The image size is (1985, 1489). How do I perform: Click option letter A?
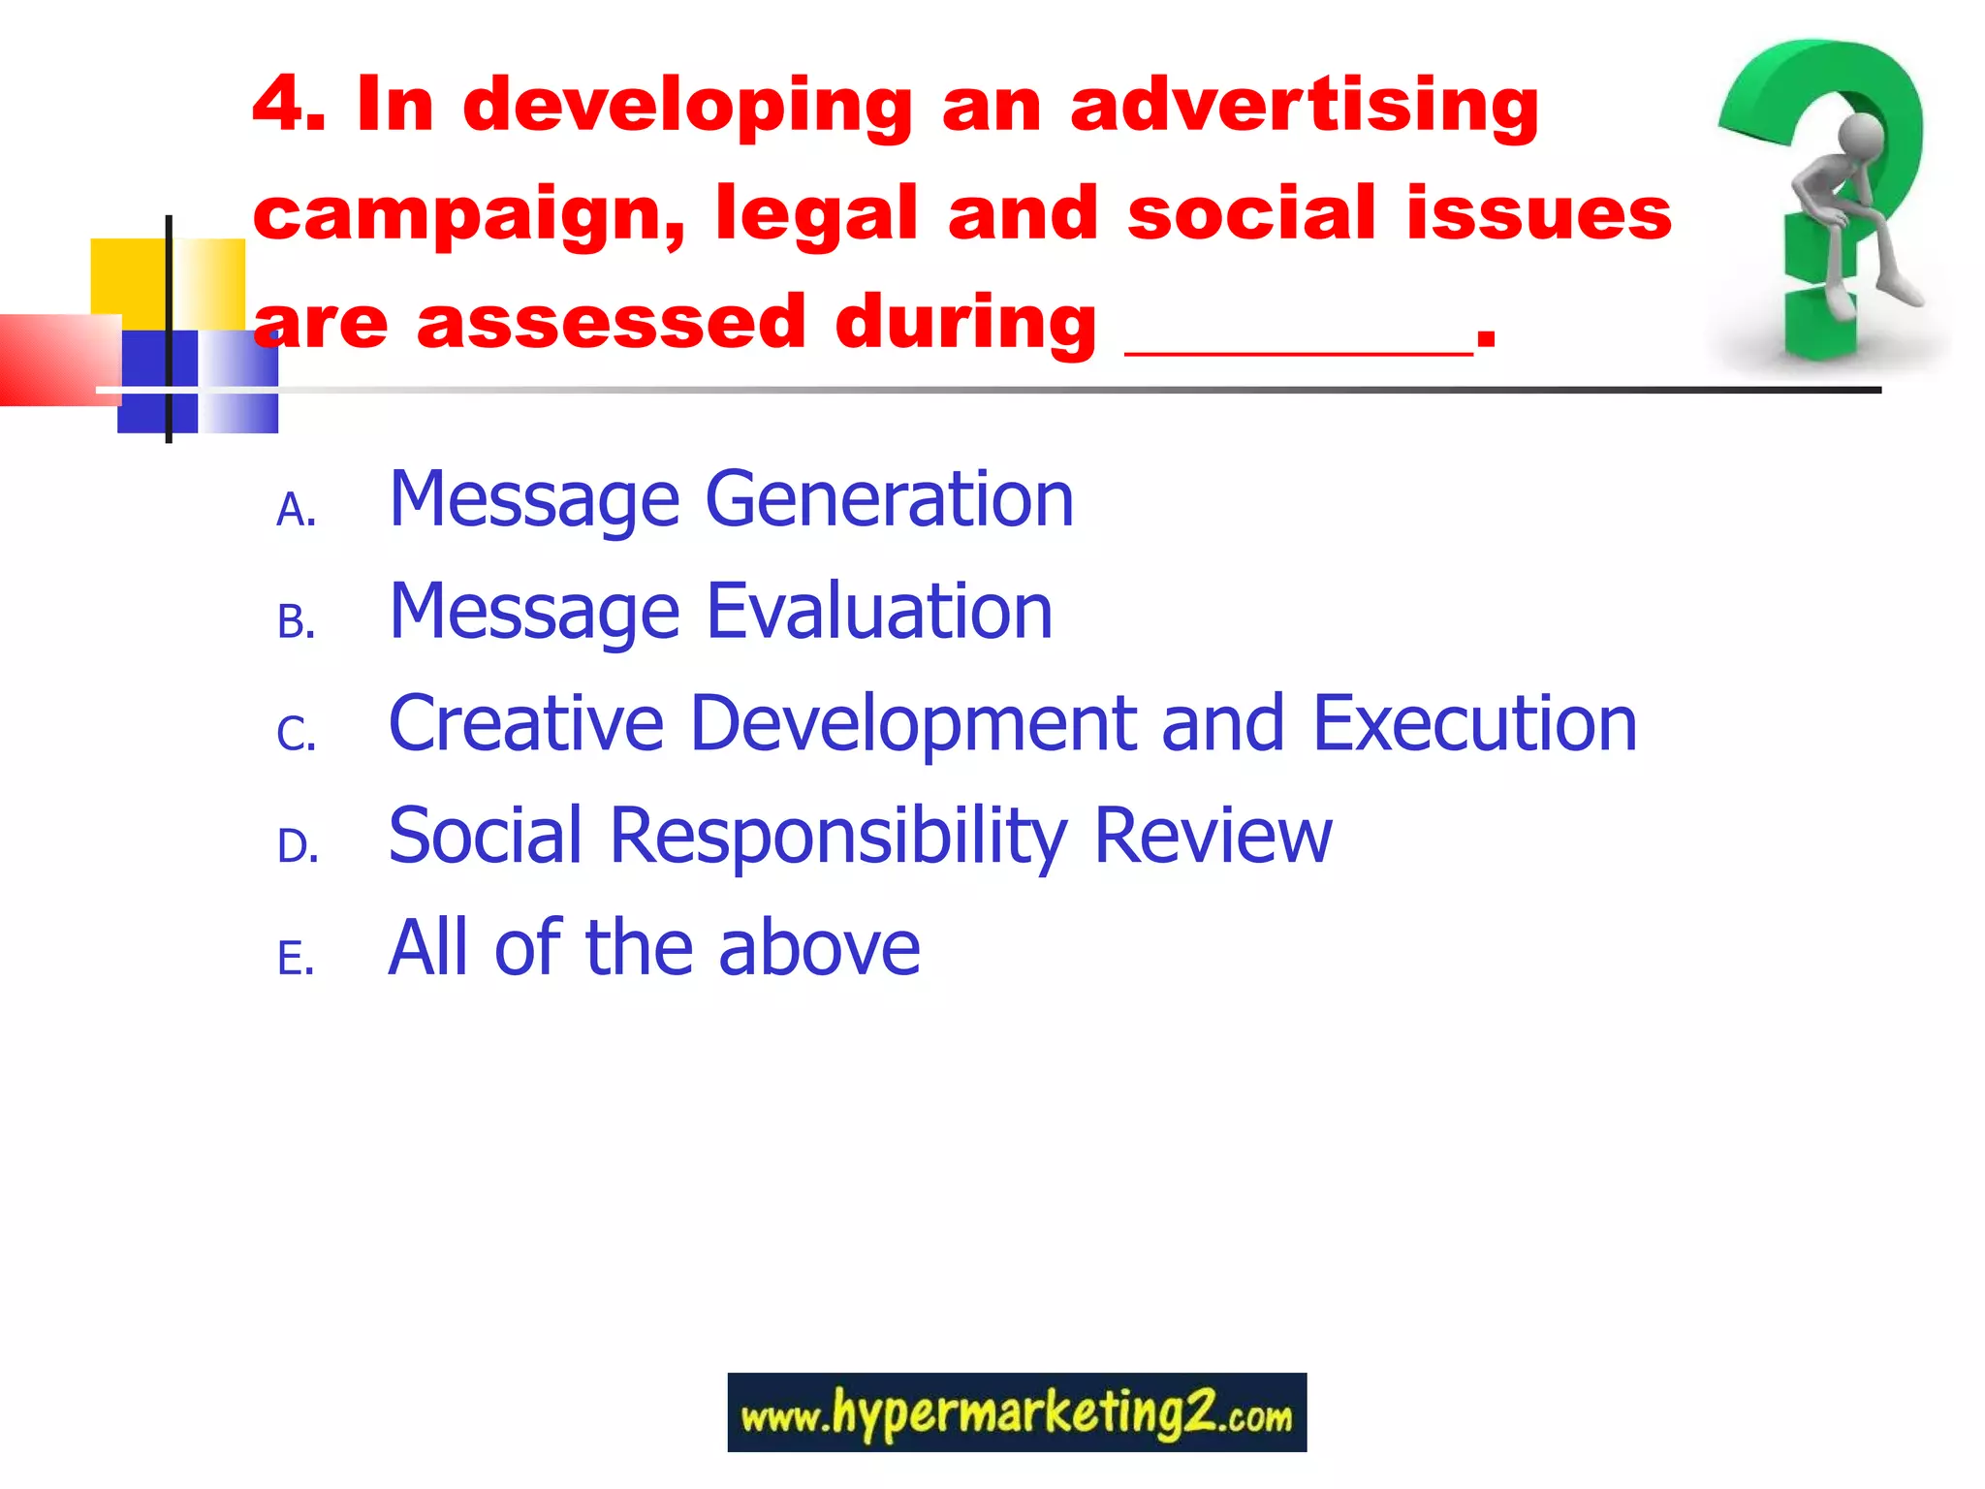click(295, 510)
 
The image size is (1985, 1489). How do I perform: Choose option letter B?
click(295, 622)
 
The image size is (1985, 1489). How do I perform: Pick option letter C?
click(295, 734)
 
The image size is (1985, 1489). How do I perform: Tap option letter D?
click(297, 846)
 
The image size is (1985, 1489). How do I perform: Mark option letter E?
click(295, 959)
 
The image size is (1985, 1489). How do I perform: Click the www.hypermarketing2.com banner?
click(1016, 1412)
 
